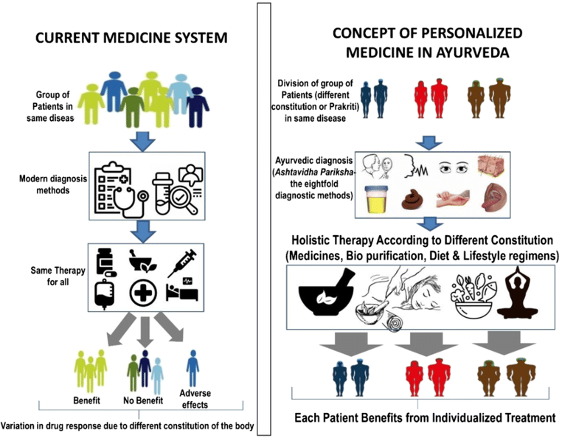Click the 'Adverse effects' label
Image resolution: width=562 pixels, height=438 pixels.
194,399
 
